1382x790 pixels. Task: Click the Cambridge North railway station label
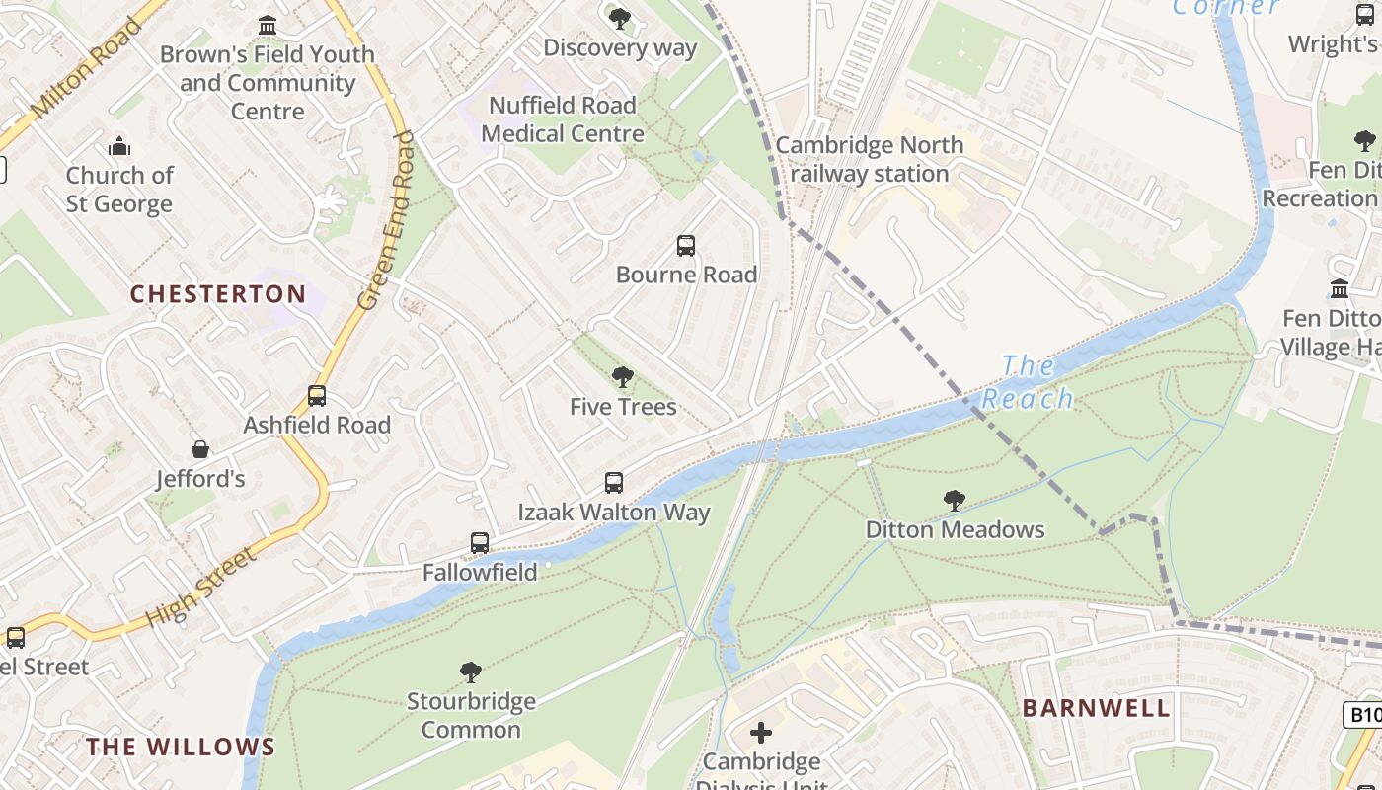coord(869,159)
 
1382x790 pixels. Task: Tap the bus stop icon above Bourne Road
coord(686,246)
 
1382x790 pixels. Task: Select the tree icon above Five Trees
coord(622,377)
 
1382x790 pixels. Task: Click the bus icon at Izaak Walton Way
coord(614,483)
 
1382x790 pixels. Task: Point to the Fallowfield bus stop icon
coord(480,543)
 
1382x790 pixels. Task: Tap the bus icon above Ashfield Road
coord(317,396)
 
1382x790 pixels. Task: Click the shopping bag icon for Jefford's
coord(200,450)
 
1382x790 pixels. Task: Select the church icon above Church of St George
coord(119,147)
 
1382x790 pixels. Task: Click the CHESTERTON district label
coord(218,294)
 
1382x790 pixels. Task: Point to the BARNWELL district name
coord(1096,708)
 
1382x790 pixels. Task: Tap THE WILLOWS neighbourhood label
coord(181,747)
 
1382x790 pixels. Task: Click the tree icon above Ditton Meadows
coord(954,501)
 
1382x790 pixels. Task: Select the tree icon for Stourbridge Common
coord(471,672)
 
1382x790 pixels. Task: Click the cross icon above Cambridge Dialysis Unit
coord(761,733)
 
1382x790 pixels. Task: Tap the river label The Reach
coord(1028,382)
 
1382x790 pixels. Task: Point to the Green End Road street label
coord(386,222)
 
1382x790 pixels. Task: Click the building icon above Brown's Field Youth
coord(268,26)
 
